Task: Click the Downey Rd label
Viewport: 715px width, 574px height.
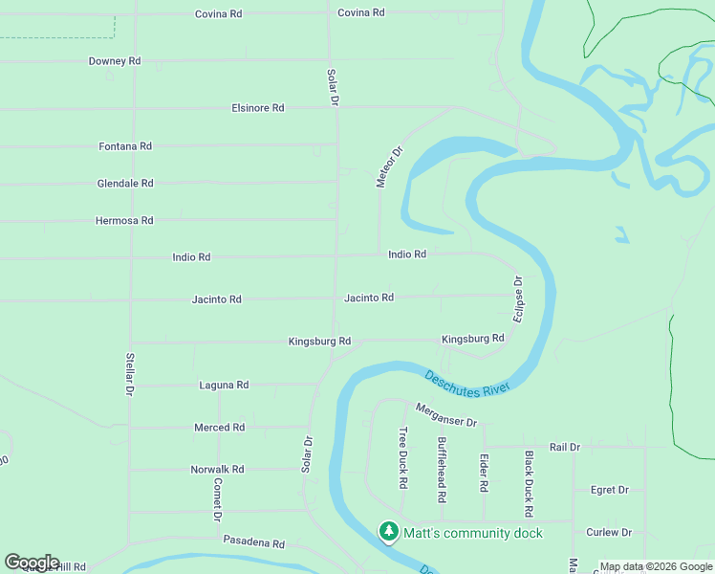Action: point(115,61)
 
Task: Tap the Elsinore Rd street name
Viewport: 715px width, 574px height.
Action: point(258,108)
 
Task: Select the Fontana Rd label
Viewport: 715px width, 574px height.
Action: point(125,146)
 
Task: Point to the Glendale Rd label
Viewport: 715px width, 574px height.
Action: point(125,184)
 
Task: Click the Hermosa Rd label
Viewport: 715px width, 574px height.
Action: point(124,221)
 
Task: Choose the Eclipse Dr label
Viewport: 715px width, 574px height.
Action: point(518,299)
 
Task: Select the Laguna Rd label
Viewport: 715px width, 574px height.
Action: point(224,386)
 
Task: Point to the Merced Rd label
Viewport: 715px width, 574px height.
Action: point(220,428)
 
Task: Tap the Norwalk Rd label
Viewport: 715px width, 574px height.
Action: point(217,470)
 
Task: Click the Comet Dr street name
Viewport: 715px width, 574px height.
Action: point(218,497)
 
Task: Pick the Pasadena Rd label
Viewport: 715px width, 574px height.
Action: point(254,542)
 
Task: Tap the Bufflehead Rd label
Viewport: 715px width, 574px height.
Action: point(442,470)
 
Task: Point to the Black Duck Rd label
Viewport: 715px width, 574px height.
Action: point(528,478)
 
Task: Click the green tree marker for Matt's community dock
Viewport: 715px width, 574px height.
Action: point(388,532)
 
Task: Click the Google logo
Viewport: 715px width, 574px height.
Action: point(32,563)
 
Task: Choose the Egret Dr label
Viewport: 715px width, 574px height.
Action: point(610,490)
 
